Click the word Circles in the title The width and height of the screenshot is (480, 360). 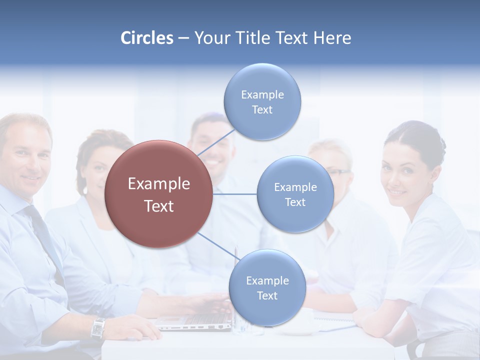[x=147, y=38]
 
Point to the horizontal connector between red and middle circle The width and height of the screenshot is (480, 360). [x=235, y=194]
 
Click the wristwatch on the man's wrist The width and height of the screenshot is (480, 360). [x=98, y=328]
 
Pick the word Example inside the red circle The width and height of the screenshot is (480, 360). [x=159, y=184]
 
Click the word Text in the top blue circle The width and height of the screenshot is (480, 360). [x=262, y=110]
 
